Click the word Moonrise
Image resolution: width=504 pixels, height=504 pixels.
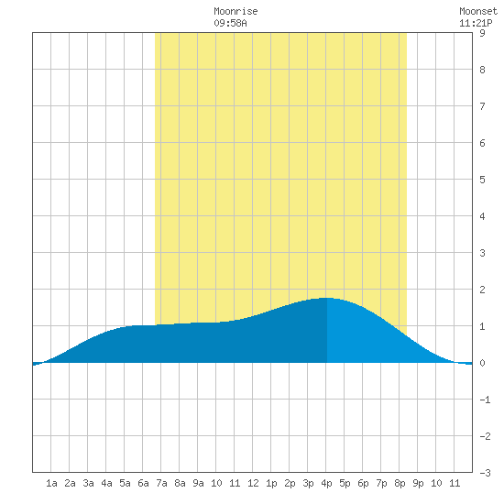point(236,11)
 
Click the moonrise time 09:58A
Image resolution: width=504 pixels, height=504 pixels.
point(230,23)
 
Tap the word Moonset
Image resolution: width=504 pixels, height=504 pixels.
point(478,11)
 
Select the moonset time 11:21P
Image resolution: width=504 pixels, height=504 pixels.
point(476,23)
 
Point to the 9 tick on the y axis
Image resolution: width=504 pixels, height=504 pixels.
point(482,33)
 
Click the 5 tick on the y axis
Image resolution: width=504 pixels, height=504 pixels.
point(482,180)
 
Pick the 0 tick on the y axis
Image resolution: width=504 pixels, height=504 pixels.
point(482,363)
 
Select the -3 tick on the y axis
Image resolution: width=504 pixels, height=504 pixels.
point(485,473)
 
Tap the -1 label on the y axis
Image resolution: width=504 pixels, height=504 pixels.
point(485,400)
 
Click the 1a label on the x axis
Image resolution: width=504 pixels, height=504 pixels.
point(51,483)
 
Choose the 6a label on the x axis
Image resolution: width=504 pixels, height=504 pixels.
point(143,483)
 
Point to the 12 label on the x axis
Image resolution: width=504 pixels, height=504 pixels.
point(253,483)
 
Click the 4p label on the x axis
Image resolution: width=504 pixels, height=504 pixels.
point(326,483)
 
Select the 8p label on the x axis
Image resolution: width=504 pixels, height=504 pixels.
point(400,483)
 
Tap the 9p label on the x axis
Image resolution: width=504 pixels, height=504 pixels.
point(418,483)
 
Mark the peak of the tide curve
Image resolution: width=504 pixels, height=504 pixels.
point(327,298)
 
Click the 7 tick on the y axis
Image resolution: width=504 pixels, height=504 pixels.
point(482,106)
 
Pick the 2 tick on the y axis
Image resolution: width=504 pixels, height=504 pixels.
point(482,290)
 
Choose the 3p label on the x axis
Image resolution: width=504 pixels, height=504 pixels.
point(308,483)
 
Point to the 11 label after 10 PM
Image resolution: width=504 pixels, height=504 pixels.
point(455,483)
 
